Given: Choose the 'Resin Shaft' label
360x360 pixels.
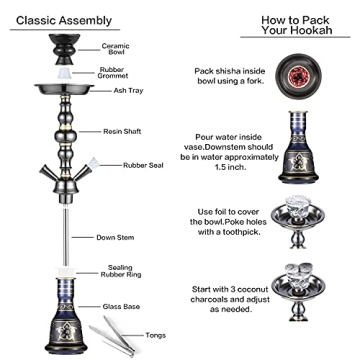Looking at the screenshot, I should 123,131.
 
